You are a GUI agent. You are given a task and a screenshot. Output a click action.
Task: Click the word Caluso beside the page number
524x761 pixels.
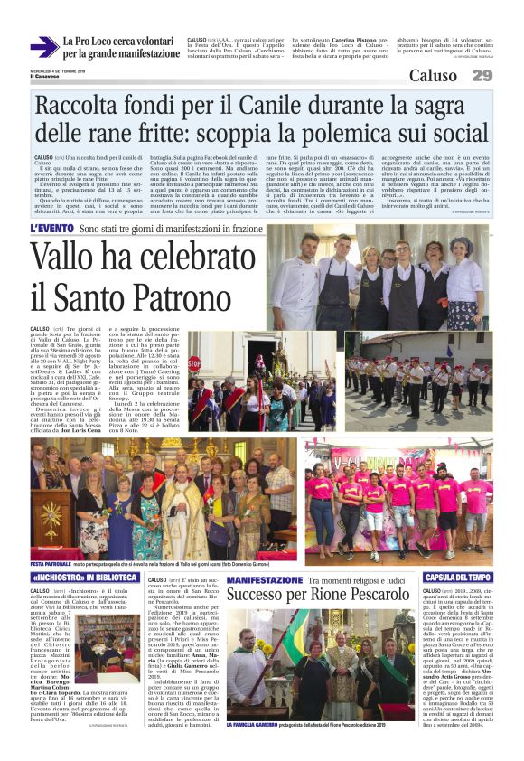coord(438,76)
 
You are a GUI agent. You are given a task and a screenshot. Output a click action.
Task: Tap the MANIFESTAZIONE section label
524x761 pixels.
coord(267,578)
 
